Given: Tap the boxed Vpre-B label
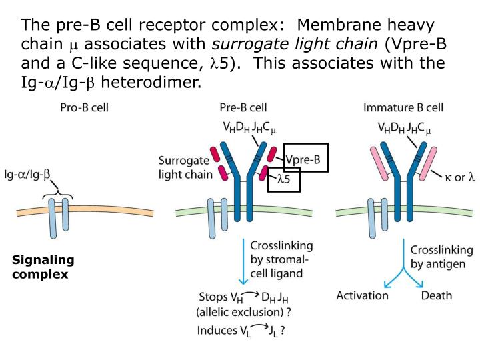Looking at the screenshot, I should [x=307, y=159].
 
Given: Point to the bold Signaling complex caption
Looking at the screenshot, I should [x=43, y=267].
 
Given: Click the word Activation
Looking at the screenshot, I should [x=362, y=295].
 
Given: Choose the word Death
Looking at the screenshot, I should [x=437, y=295].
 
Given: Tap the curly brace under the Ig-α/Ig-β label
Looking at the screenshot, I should [x=59, y=195].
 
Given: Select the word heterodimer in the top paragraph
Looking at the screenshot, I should [x=149, y=82].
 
